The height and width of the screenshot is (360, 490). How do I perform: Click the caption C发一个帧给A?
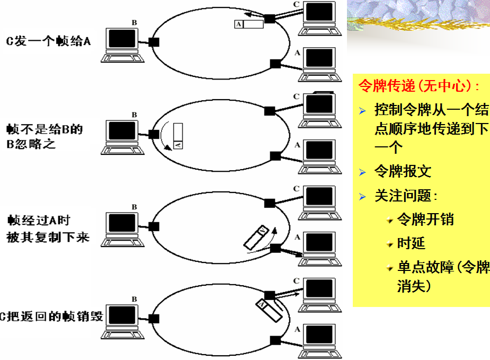point(48,41)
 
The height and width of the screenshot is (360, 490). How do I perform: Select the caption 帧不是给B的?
point(45,129)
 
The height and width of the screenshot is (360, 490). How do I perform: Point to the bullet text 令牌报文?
point(403,171)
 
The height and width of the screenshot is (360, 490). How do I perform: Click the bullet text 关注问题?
point(405,196)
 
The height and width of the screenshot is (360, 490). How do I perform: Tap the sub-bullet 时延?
point(411,243)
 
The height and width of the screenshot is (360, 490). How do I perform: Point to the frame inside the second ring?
point(178,136)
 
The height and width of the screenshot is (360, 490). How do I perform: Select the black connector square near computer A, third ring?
point(275,248)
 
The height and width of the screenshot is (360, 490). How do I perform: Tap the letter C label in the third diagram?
point(296,188)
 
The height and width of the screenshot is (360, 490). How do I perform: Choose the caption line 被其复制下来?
point(48,238)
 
